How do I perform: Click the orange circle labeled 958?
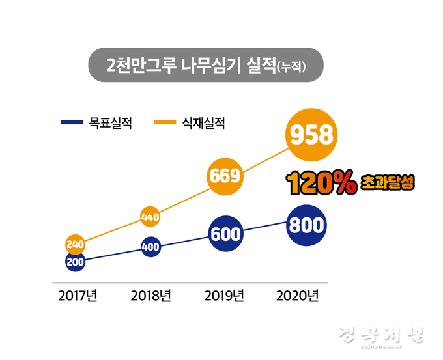pos(312,135)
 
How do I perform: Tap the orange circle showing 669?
pos(225,176)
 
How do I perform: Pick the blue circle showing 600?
pos(226,234)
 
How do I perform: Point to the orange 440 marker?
pos(150,217)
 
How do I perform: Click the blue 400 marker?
pos(150,247)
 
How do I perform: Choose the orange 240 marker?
pos(76,244)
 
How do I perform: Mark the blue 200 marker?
pos(76,261)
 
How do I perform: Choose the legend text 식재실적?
pos(204,122)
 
